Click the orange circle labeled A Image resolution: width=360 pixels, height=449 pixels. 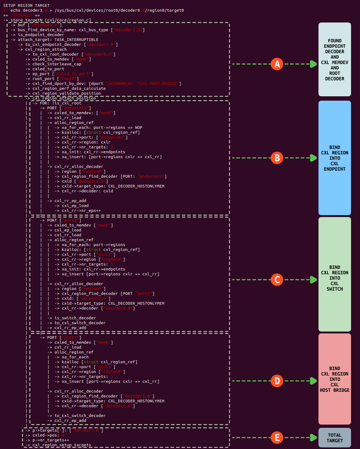pos(277,64)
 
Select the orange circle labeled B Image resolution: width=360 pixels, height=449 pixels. pos(277,158)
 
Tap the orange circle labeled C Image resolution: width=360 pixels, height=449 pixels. pos(277,280)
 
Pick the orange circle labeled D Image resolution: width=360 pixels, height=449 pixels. pos(277,381)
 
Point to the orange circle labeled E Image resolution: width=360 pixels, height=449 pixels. pos(277,438)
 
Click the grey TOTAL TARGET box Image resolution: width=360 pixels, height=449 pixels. pos(334,438)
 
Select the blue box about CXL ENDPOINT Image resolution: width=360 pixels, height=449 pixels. pos(334,158)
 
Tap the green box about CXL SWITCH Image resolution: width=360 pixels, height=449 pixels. pos(334,274)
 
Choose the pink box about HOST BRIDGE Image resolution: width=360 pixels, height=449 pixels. pos(334,379)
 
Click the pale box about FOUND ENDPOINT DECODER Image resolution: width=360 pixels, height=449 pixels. pos(334,59)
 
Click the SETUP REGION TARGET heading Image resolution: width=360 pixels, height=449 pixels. pos(26,5)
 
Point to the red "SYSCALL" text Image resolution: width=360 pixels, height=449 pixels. pos(21,15)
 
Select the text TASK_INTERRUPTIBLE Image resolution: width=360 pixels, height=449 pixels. pos(77,40)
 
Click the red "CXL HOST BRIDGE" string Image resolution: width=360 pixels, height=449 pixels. pos(158,84)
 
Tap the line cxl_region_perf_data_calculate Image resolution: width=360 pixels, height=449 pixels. pos(69,88)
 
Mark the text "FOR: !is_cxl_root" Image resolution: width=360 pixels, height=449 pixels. pos(60,103)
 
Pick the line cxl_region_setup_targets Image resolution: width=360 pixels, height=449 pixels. pos(62,445)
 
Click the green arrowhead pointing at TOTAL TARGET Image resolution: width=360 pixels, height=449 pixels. pos(313,438)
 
